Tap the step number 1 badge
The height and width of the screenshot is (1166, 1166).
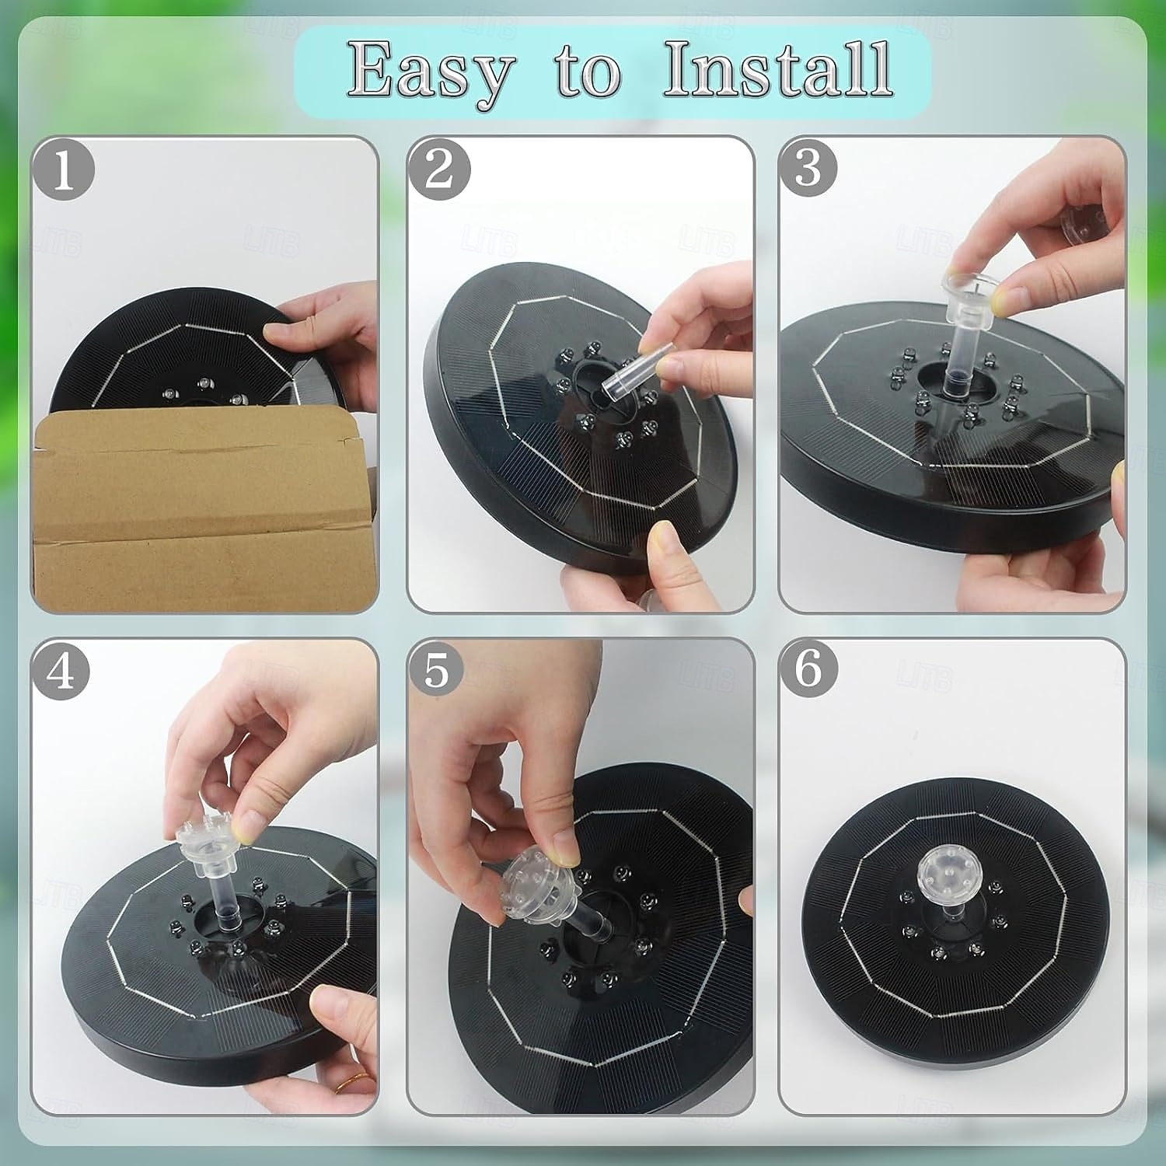(64, 169)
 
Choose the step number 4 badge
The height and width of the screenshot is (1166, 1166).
(61, 670)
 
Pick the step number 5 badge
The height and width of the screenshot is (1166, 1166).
(438, 670)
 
